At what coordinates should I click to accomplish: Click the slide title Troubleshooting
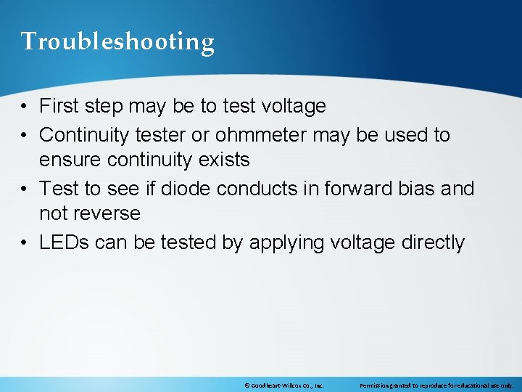point(117,41)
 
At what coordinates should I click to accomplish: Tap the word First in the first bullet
point(59,107)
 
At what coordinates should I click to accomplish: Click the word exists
point(225,159)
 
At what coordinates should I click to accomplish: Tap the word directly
point(432,242)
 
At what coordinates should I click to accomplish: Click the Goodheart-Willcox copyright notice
point(283,385)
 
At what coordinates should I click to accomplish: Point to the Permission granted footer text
point(436,385)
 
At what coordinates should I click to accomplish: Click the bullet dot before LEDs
point(25,242)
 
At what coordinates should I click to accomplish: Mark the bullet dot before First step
point(25,107)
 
